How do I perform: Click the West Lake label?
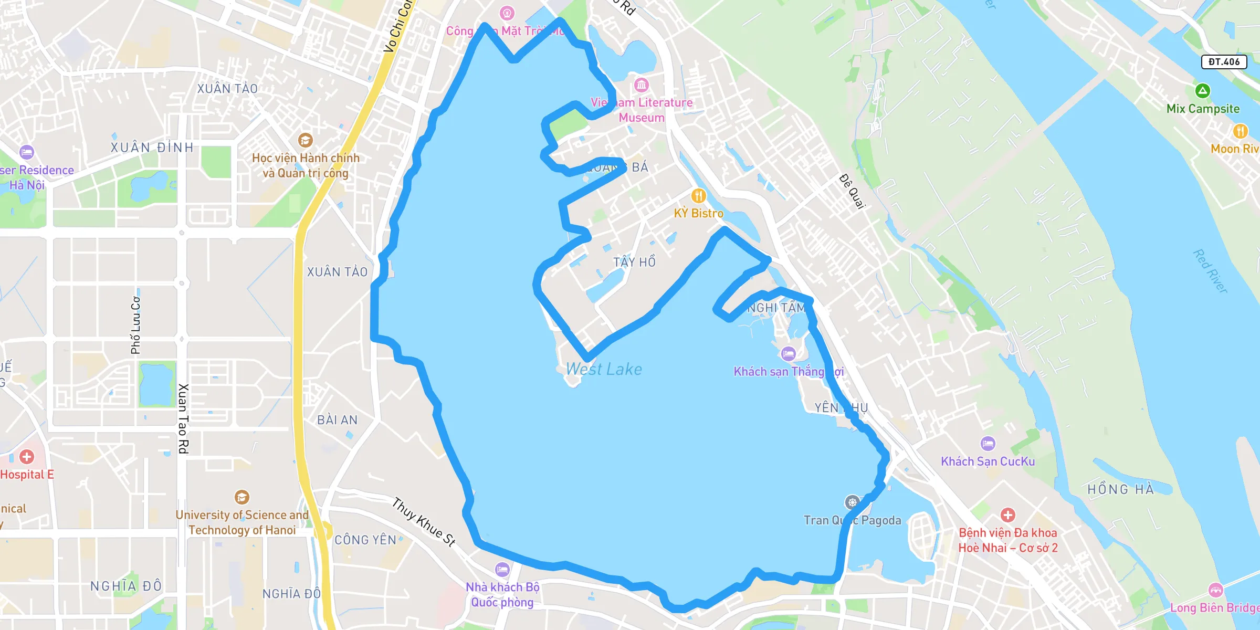tap(604, 369)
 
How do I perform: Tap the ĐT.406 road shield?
tap(1224, 62)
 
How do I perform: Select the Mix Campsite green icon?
tap(1202, 91)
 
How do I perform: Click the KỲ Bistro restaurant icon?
tap(698, 196)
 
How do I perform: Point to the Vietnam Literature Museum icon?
tap(641, 85)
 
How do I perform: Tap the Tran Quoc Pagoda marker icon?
tap(852, 502)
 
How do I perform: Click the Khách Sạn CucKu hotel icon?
tap(988, 444)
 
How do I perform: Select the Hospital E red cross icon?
tap(27, 457)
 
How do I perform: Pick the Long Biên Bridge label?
tap(1214, 607)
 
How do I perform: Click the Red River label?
tap(1210, 271)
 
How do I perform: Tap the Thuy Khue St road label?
tap(424, 522)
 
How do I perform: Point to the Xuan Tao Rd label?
tap(183, 418)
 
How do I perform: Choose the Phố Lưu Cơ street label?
tap(135, 325)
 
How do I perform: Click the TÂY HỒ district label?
tap(634, 262)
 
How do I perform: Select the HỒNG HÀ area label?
tap(1120, 489)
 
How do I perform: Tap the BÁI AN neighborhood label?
tap(337, 420)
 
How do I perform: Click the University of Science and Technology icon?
tap(241, 497)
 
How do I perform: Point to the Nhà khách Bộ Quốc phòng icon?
tap(502, 569)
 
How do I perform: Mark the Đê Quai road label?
tap(852, 191)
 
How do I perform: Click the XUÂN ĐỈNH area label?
tap(152, 148)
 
